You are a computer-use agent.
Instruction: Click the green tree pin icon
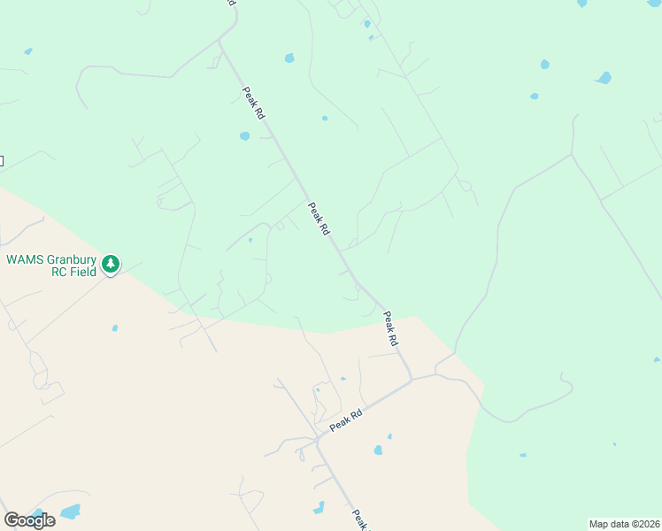pos(111,264)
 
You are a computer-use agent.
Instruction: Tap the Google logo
pos(29,520)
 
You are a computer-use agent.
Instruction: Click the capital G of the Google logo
pos(12,520)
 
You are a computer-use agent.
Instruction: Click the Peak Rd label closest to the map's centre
pos(319,218)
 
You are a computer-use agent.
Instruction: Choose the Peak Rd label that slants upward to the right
pos(346,420)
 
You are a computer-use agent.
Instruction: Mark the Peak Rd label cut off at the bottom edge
pos(358,519)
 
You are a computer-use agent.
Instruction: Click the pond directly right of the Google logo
pos(70,512)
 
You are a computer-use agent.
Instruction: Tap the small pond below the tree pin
pos(115,328)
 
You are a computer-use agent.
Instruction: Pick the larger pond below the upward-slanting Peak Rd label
pos(378,450)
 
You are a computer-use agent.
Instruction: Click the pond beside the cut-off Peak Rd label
pos(319,508)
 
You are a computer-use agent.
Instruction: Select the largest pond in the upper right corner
pos(604,78)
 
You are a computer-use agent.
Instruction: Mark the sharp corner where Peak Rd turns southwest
pos(412,381)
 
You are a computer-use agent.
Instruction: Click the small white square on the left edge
pos(1,160)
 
